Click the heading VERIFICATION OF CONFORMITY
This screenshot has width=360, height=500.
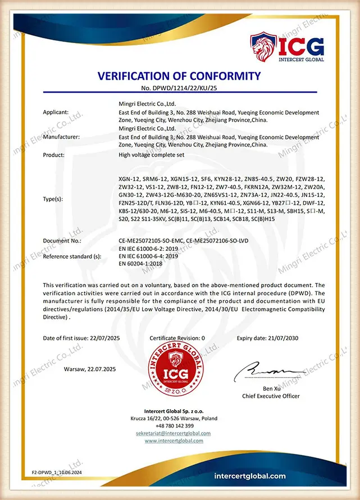180,76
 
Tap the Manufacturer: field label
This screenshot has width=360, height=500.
61,137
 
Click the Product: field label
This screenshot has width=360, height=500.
54,154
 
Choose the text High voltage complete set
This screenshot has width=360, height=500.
151,154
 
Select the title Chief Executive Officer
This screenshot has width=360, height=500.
271,396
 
